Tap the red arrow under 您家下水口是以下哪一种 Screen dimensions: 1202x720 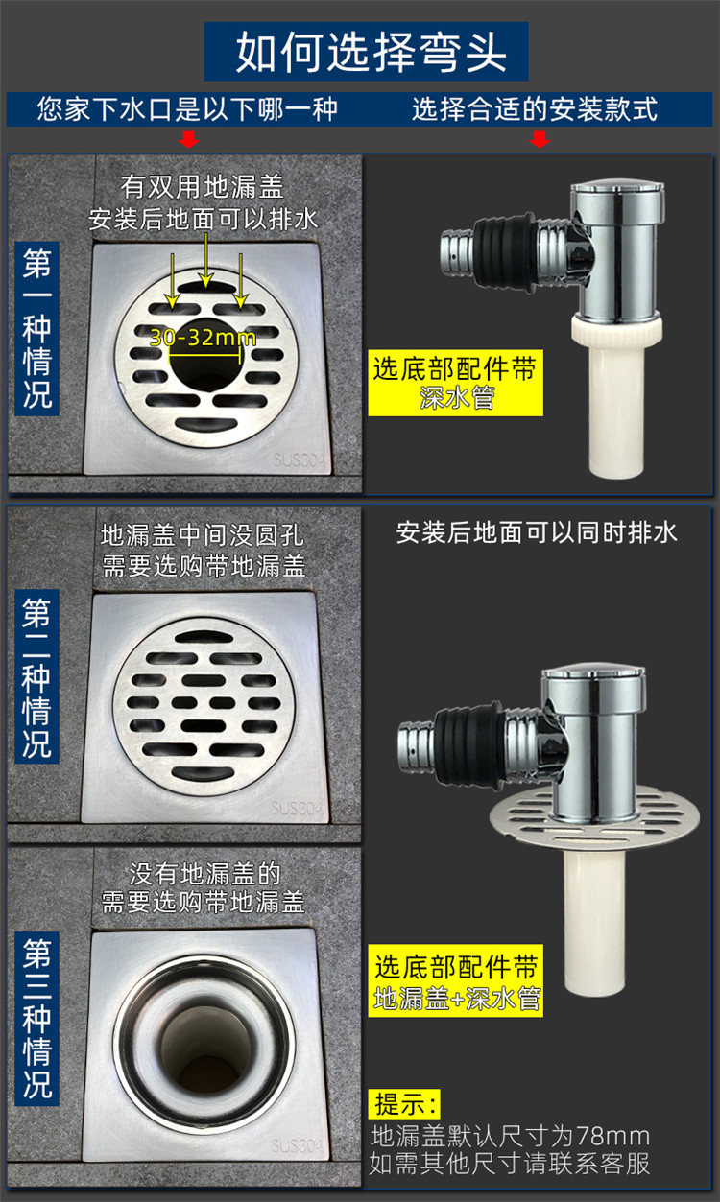click(x=189, y=140)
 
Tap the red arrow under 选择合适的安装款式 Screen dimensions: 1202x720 click(x=540, y=140)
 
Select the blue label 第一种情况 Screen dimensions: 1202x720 click(x=37, y=326)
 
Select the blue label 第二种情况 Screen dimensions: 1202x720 click(x=37, y=677)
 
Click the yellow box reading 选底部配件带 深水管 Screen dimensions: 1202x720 click(x=455, y=382)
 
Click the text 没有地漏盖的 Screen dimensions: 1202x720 click(x=204, y=874)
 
